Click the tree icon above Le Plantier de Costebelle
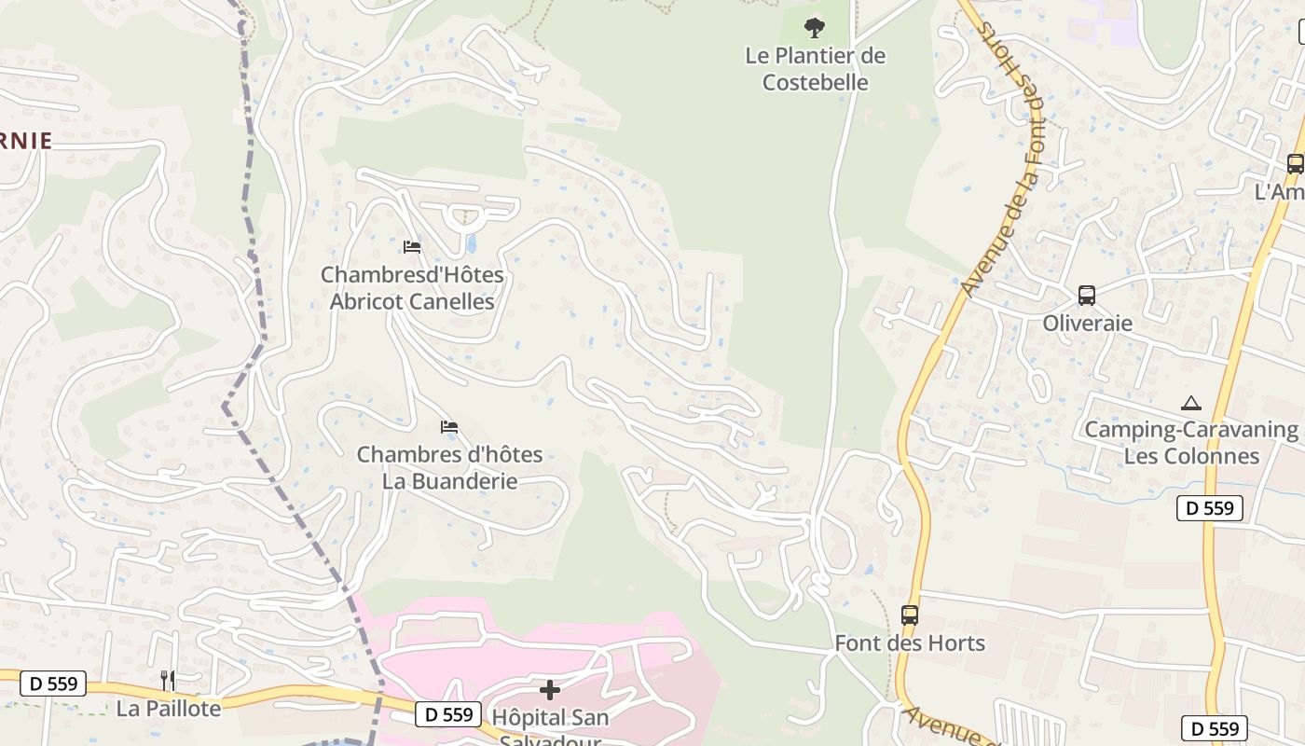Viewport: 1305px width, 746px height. (815, 27)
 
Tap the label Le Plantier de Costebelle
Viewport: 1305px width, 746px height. (816, 69)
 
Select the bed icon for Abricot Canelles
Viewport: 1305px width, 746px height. (412, 247)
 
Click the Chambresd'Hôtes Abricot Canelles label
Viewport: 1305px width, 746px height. (412, 288)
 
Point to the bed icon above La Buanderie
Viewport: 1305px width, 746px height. (449, 427)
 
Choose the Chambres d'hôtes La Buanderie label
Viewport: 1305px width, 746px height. (449, 468)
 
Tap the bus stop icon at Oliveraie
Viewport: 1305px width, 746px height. (1087, 296)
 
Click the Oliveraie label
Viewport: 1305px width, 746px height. (1087, 324)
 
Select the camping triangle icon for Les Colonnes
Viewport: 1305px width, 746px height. (1190, 404)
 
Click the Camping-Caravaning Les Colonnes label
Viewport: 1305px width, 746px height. (1191, 443)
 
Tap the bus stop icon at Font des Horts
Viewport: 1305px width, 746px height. (910, 615)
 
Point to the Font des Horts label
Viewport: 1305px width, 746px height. (910, 643)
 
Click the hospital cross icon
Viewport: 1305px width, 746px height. (550, 690)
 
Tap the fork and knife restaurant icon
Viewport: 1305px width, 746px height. (168, 680)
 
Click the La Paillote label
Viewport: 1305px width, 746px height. (169, 709)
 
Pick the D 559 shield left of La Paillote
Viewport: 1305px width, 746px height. (53, 684)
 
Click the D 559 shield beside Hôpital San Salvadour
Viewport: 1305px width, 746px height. (448, 714)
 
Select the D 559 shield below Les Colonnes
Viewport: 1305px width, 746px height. (1210, 508)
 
